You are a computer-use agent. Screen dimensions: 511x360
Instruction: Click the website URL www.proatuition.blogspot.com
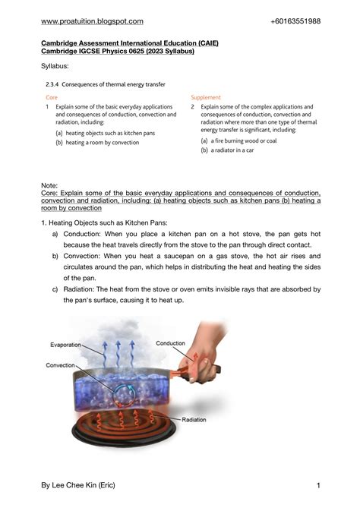click(x=92, y=21)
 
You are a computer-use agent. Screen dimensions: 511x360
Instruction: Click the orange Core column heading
click(x=51, y=98)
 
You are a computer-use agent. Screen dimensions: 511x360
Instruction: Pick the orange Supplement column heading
click(x=206, y=98)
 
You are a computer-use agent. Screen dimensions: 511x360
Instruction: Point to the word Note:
click(x=49, y=185)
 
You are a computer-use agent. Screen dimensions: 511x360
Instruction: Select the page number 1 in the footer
click(x=318, y=485)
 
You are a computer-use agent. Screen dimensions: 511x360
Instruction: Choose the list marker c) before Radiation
click(x=55, y=289)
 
